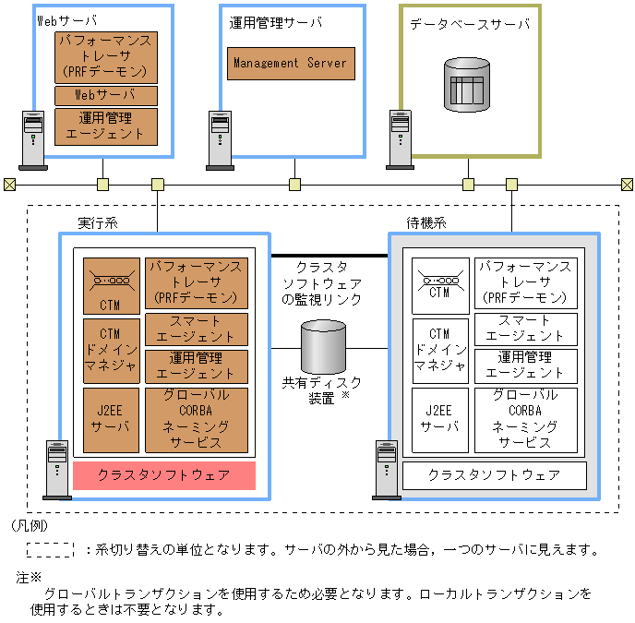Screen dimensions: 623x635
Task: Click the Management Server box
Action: point(290,64)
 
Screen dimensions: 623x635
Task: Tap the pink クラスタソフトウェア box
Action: point(163,476)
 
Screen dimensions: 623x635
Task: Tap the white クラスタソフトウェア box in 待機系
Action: point(494,475)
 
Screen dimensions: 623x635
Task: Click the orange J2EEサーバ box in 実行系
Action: point(112,419)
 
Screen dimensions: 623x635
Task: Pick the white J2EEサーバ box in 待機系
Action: point(439,420)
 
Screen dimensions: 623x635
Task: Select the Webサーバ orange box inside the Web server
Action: point(106,96)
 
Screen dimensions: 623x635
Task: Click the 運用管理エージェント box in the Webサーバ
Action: point(106,126)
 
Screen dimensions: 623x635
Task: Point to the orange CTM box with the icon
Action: point(112,283)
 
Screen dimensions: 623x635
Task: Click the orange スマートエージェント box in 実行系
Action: point(197,329)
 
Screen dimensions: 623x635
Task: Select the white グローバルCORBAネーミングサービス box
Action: point(525,420)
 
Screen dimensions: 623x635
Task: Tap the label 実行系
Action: point(97,222)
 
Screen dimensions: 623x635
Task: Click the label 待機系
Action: point(426,222)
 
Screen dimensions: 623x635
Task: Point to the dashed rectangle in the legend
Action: point(50,550)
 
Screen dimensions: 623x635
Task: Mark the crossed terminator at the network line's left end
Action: point(9,184)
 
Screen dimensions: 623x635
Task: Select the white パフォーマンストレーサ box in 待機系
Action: point(525,282)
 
